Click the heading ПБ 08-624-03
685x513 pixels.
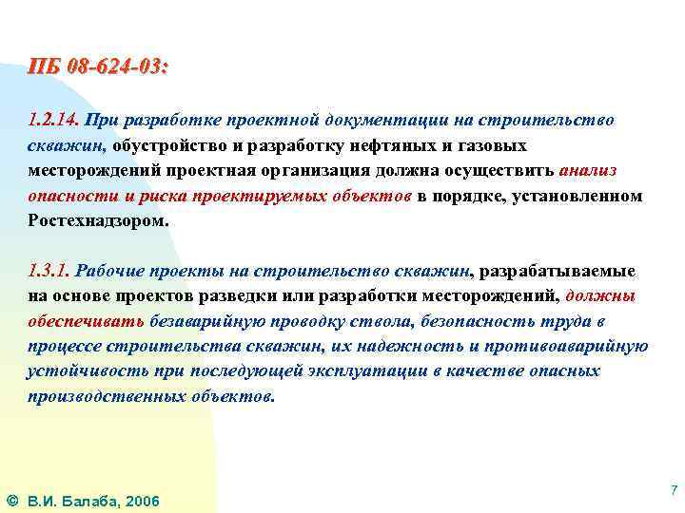tap(98, 68)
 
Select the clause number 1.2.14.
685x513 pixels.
tap(53, 121)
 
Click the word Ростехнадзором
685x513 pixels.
tap(97, 219)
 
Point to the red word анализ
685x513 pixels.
tap(588, 170)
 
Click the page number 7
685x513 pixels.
tap(673, 490)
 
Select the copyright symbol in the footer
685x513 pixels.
tap(11, 500)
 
